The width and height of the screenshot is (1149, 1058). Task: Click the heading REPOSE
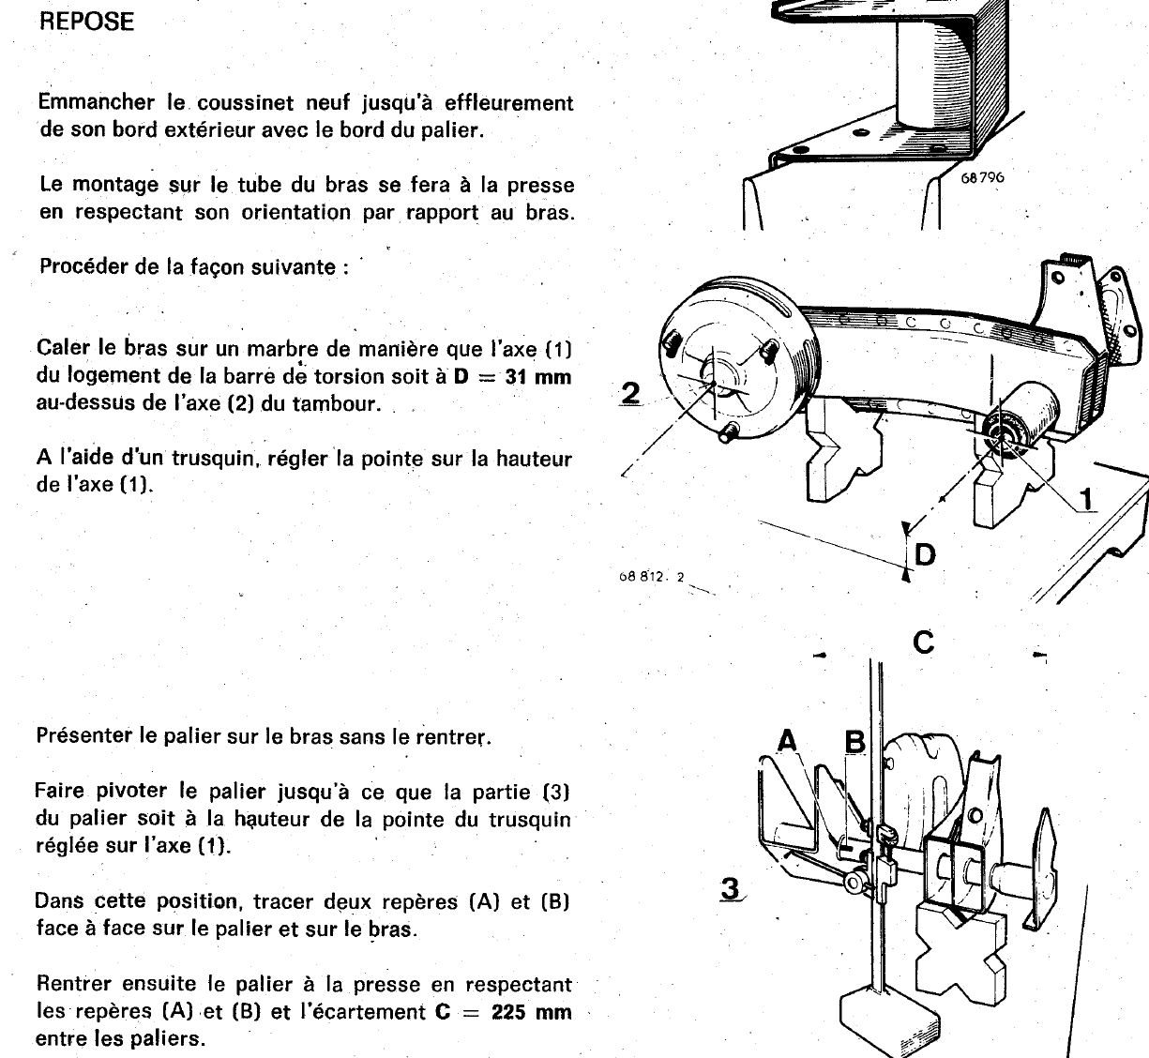(87, 22)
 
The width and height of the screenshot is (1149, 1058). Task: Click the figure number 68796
(982, 176)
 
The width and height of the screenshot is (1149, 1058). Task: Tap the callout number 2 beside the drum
(631, 392)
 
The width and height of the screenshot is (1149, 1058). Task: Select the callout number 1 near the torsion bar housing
(1087, 499)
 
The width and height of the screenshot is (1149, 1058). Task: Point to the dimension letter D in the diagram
(925, 555)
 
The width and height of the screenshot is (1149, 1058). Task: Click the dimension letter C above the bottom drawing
(923, 642)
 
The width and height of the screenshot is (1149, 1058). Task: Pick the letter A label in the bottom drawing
(788, 742)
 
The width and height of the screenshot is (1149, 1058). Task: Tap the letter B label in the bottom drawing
(854, 742)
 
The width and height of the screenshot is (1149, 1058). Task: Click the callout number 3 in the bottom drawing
(731, 887)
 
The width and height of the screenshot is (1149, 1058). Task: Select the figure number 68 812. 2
(650, 577)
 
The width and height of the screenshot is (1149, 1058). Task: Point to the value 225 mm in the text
(532, 1012)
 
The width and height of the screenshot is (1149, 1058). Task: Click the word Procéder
(83, 266)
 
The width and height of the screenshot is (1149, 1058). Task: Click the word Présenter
(83, 736)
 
